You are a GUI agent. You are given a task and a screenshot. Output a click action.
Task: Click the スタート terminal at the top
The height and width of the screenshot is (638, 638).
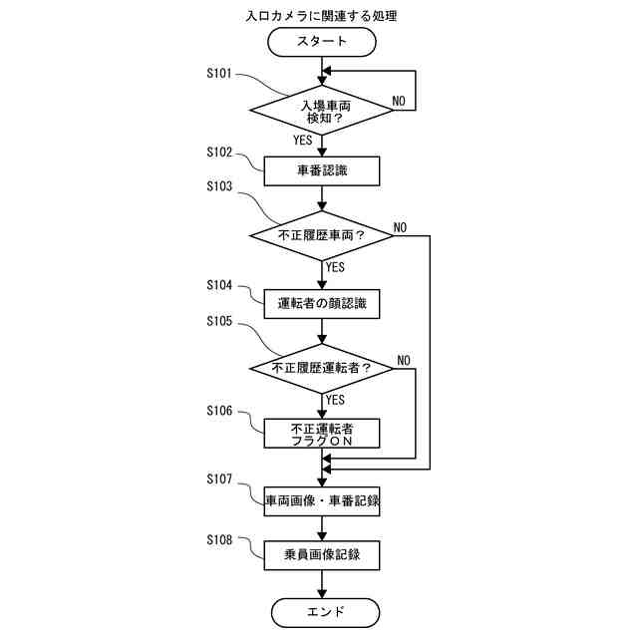pos(321,42)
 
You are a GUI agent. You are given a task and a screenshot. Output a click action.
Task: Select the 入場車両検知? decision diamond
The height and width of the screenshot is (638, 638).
pos(321,110)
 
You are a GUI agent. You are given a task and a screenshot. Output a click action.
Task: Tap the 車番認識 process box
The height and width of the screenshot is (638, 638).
pos(321,170)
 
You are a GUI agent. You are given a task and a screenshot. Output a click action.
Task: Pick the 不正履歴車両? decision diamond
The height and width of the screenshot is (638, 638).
pos(321,236)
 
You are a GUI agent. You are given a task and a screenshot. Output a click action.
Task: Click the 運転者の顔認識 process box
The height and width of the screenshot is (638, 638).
pos(321,303)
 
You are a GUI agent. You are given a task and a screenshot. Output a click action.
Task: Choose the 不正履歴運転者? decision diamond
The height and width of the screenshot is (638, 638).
pos(321,368)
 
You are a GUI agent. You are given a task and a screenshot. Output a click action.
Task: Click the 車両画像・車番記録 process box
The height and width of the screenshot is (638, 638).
pos(321,501)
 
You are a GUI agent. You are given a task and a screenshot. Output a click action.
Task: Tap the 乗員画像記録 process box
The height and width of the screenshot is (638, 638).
pos(321,555)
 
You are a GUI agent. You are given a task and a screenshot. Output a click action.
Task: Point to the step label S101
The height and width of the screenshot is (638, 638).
pos(219,74)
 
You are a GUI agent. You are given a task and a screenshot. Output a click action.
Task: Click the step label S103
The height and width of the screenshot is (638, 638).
pos(219,186)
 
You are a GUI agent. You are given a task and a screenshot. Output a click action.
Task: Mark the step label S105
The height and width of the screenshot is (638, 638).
pos(219,321)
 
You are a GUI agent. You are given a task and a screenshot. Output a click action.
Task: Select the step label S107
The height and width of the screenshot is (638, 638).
pos(219,479)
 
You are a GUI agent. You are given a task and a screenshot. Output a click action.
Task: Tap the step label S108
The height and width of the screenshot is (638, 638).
pos(219,539)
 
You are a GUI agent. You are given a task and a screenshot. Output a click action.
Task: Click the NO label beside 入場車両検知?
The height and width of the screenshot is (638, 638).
pos(398,102)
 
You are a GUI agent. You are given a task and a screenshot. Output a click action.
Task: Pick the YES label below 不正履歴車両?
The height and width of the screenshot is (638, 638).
pos(335,267)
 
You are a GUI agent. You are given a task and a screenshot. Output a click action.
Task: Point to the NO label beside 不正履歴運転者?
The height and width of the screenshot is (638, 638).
pos(404,359)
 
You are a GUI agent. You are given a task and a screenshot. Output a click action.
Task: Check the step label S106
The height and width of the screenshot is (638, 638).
pos(219,411)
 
